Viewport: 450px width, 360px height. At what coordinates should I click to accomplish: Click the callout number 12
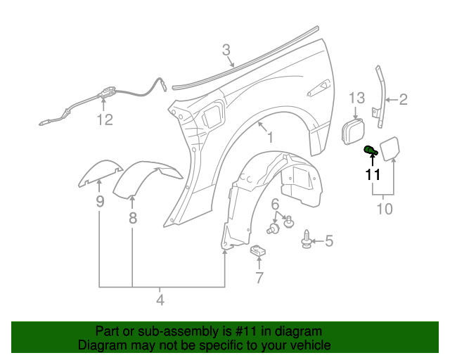[104, 120]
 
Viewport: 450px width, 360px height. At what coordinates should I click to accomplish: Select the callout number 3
[226, 50]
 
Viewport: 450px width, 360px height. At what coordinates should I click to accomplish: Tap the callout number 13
[357, 98]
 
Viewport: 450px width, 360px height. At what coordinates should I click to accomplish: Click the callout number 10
[385, 209]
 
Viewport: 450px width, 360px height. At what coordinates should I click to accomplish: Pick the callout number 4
[160, 300]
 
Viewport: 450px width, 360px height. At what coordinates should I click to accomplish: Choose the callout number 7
[259, 278]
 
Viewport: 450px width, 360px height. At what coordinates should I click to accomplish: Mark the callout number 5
[328, 242]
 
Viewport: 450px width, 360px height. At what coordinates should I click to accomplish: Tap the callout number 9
[99, 202]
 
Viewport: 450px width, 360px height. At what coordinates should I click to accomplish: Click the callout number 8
[132, 218]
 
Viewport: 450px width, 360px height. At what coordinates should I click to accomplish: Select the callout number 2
[404, 100]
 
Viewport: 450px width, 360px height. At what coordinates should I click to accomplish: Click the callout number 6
[275, 204]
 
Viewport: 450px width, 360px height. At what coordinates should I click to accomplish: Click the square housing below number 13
[352, 132]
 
